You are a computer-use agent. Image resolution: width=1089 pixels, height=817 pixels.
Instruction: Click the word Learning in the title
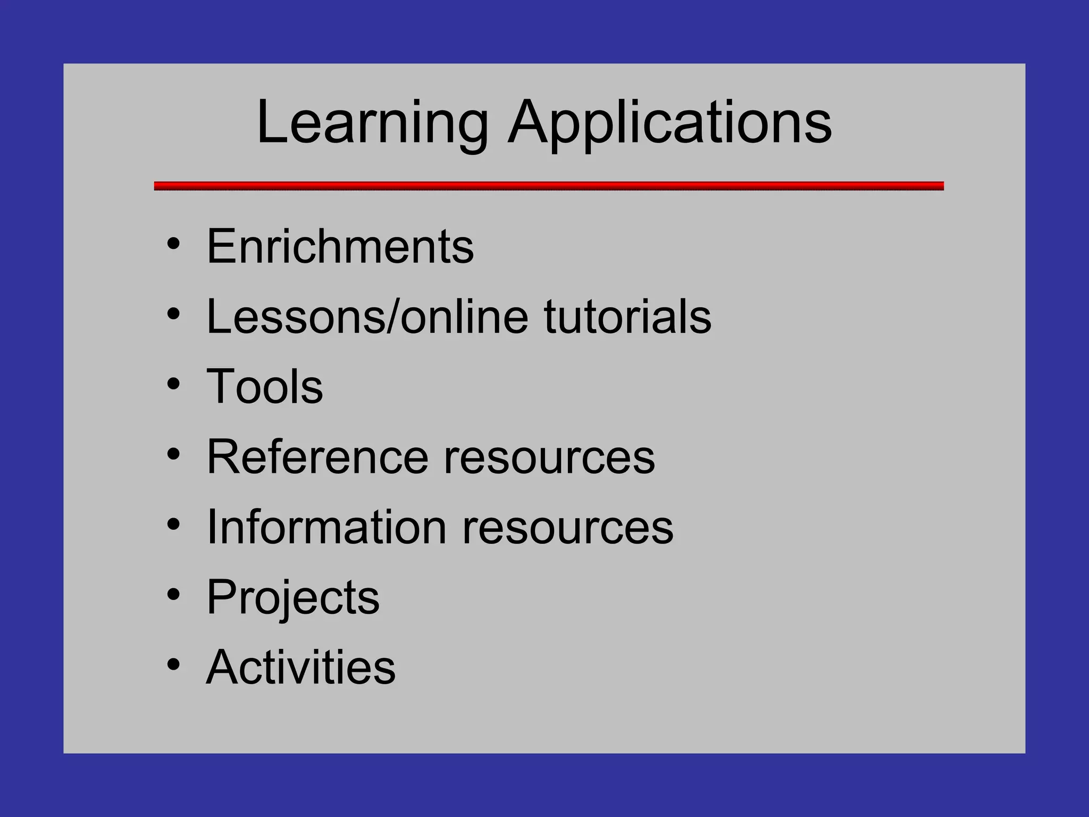click(x=372, y=123)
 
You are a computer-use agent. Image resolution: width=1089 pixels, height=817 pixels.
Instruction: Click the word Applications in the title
click(x=669, y=123)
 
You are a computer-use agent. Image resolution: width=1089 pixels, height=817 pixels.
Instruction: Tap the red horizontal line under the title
click(x=549, y=186)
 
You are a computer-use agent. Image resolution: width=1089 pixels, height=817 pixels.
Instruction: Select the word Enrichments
click(x=340, y=246)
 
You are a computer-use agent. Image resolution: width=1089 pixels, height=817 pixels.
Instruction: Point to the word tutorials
click(x=627, y=316)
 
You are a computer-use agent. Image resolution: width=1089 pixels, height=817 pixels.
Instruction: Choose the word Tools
click(x=264, y=386)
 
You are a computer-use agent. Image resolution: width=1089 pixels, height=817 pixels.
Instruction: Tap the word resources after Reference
click(x=549, y=457)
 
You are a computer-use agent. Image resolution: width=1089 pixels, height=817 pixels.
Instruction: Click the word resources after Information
click(x=567, y=528)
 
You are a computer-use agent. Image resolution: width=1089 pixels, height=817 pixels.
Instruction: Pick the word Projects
click(x=293, y=597)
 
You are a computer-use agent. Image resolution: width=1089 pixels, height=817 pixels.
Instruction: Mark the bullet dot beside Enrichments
click(x=173, y=244)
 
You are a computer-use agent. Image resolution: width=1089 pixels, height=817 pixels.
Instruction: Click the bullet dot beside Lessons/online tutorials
click(x=173, y=314)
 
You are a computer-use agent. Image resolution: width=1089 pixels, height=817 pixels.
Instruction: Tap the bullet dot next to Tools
click(x=173, y=384)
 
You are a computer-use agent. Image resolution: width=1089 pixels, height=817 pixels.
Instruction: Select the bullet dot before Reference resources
click(x=173, y=454)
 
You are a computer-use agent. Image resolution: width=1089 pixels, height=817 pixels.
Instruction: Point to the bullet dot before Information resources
click(x=173, y=524)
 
